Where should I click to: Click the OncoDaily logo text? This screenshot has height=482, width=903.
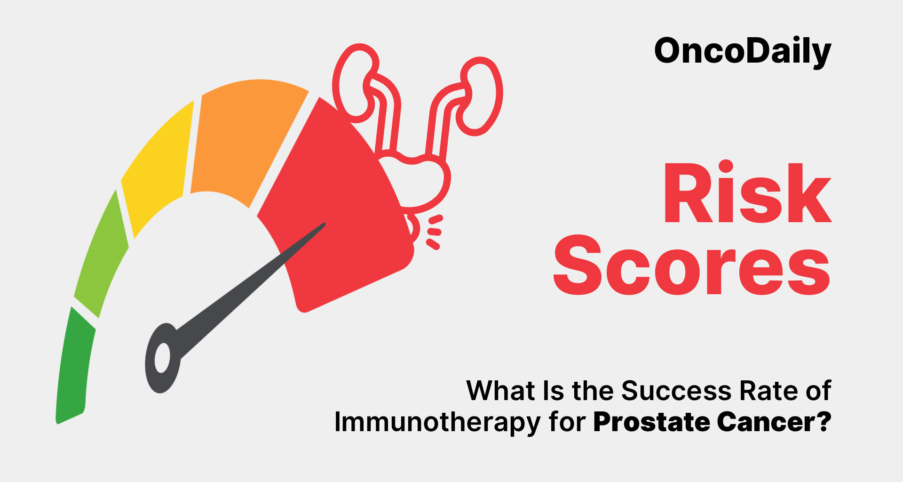click(743, 52)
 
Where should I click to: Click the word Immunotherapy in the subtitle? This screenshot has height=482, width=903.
click(437, 422)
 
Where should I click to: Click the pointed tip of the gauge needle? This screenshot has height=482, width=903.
click(324, 224)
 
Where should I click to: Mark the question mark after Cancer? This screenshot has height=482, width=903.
click(823, 422)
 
